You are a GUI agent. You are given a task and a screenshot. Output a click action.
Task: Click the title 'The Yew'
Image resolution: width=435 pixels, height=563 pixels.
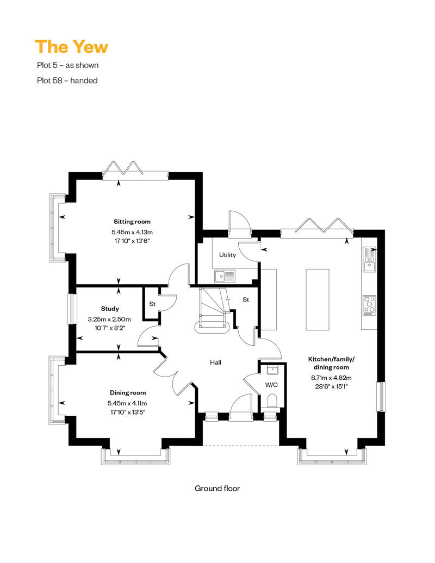[71, 47]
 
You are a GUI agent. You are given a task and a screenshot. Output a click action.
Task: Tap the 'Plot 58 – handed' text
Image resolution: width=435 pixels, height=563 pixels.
[67, 80]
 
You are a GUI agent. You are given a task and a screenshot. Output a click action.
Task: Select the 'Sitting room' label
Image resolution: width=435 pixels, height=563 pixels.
[132, 222]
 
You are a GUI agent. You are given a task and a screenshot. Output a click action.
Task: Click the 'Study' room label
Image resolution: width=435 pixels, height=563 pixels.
[110, 309]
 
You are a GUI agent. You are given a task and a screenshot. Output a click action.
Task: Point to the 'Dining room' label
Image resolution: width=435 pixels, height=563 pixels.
[128, 393]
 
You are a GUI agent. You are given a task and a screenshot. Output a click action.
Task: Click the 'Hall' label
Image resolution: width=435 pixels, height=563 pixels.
[215, 362]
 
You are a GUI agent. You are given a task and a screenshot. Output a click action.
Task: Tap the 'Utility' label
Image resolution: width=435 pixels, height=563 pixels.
[227, 255]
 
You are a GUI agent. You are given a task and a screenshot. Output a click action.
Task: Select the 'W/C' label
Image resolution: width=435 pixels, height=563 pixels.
[271, 385]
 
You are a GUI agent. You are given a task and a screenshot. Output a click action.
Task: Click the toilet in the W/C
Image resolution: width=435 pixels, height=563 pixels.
[272, 401]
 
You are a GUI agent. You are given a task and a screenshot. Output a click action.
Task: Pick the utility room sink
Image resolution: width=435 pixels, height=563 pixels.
[225, 277]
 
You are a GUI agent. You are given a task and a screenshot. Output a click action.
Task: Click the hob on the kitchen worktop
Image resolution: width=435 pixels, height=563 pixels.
[369, 305]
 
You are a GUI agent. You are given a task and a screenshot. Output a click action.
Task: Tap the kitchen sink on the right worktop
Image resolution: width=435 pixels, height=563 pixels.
[369, 259]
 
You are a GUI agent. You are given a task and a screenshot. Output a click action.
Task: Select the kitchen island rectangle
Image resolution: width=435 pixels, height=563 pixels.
[317, 299]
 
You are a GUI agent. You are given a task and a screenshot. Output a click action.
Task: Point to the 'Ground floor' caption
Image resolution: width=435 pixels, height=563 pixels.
[217, 489]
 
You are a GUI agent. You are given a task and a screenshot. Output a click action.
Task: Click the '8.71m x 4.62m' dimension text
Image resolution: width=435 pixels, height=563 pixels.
[331, 378]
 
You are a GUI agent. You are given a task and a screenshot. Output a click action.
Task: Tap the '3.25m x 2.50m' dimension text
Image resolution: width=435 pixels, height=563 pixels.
[109, 319]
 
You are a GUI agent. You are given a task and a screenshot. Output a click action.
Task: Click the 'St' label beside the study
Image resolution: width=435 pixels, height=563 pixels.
[152, 304]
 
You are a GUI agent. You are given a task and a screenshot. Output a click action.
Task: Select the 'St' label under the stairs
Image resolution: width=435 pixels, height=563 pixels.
[246, 299]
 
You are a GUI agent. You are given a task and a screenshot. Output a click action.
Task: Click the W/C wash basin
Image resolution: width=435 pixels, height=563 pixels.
[272, 370]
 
